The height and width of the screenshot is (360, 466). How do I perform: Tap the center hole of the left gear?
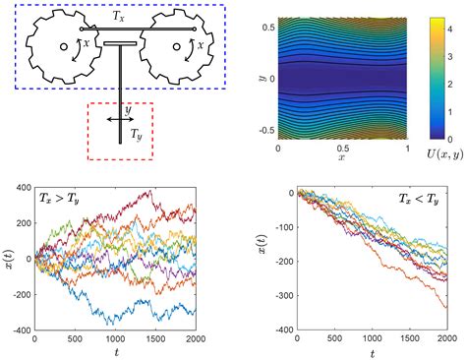tap(63, 46)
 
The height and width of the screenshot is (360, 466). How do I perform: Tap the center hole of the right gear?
tap(175, 46)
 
